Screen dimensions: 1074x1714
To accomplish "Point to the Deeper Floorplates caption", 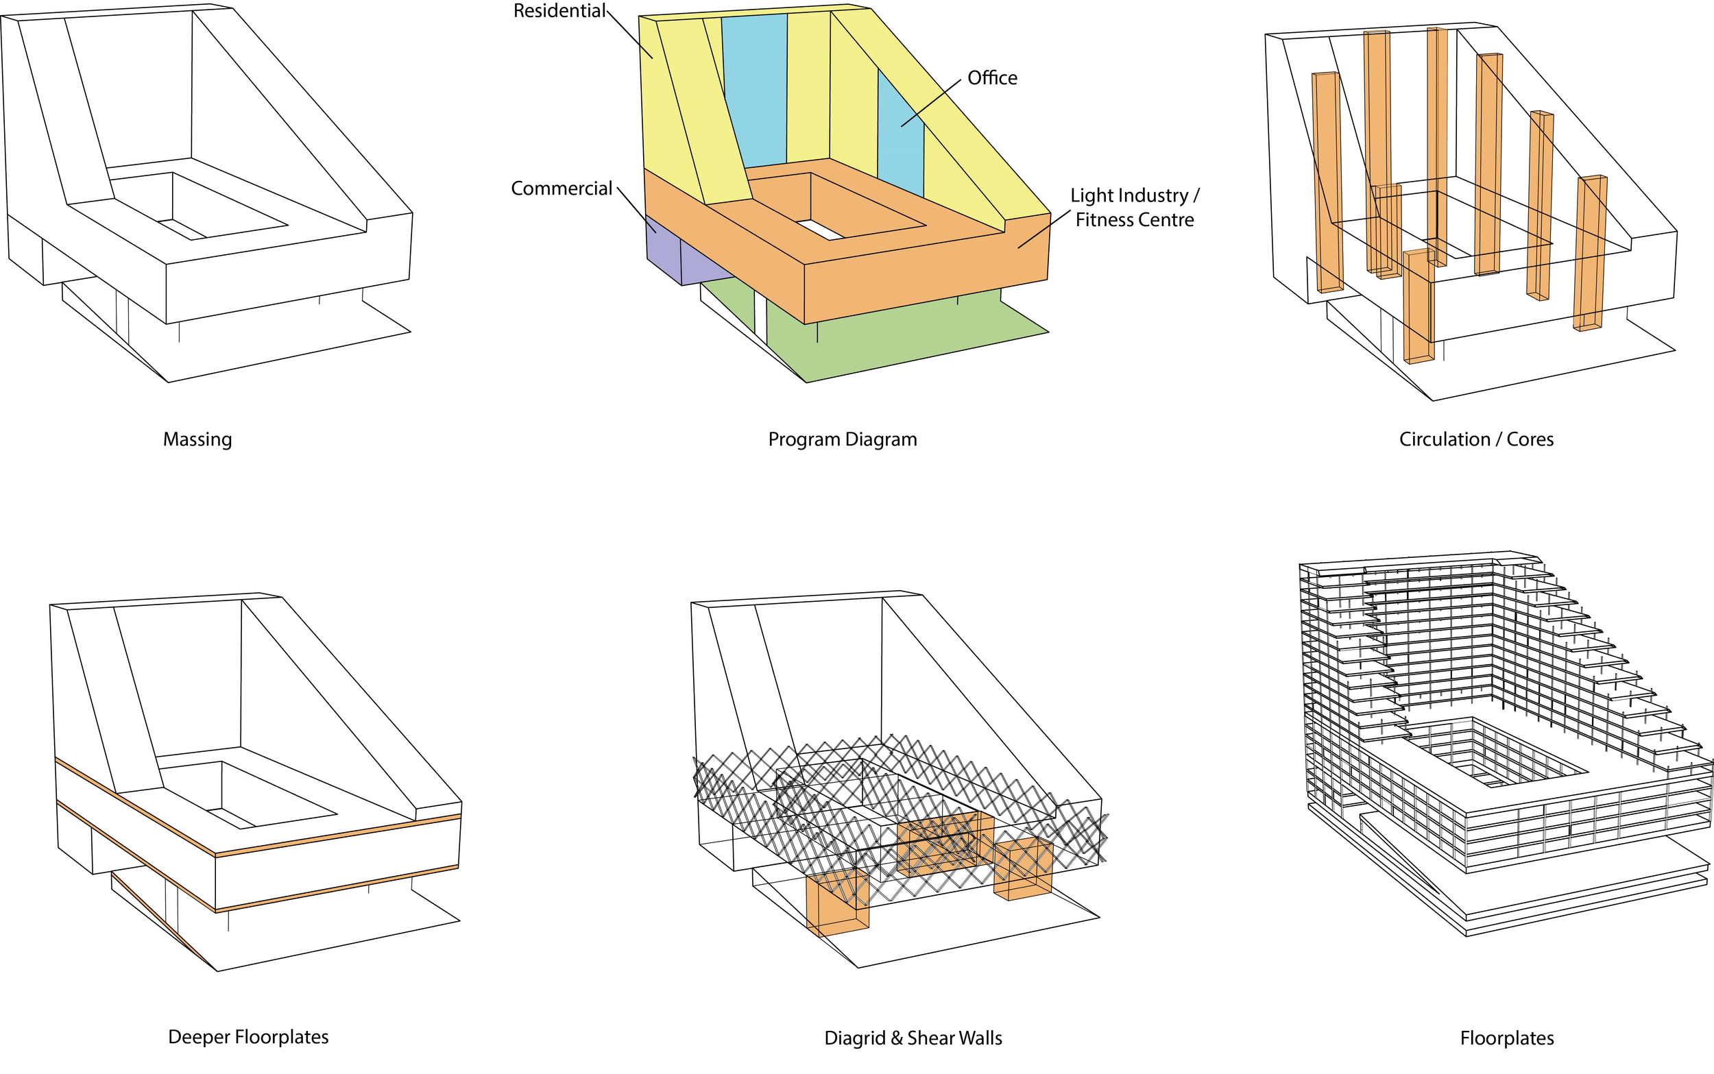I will [x=248, y=1037].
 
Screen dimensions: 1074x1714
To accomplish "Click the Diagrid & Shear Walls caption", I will [x=913, y=1038].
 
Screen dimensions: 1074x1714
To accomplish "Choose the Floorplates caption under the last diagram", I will [x=1506, y=1038].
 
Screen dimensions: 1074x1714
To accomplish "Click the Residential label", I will [x=559, y=12].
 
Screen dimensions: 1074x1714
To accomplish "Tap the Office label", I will [x=992, y=78].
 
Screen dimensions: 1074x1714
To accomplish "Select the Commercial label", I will [x=561, y=189].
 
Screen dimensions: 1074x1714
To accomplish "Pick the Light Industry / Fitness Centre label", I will [x=1135, y=208].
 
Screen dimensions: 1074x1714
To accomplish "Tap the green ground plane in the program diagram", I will [x=888, y=341].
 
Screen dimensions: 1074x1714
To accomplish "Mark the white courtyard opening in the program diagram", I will [x=821, y=229].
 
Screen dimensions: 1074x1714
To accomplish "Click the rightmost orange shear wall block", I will [x=1023, y=868].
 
